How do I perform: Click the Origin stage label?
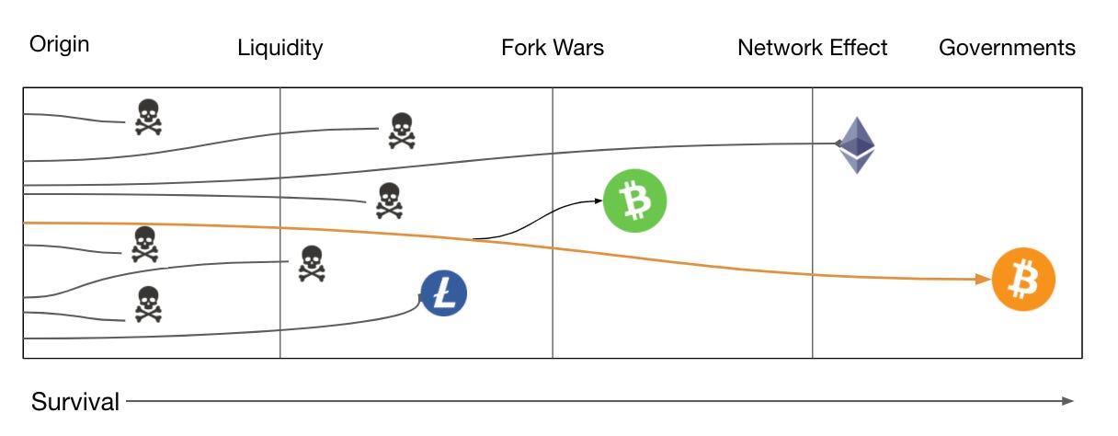coord(60,44)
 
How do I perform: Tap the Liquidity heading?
coord(280,48)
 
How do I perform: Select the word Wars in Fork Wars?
coord(577,48)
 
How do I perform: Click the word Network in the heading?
coord(778,48)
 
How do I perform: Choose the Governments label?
coord(1007,48)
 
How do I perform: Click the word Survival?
coord(75,402)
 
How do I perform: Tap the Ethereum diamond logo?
coord(856,144)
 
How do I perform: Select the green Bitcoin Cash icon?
coord(633,200)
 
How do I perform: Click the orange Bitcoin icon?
coord(1023,281)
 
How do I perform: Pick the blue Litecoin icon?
coord(444,294)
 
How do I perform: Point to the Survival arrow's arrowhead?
coord(1067,401)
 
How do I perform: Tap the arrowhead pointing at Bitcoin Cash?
coord(597,201)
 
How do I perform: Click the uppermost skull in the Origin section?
coord(147,118)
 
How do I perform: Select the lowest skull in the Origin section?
coord(147,304)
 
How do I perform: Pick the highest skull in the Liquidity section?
coord(401,131)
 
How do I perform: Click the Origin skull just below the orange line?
coord(143,244)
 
